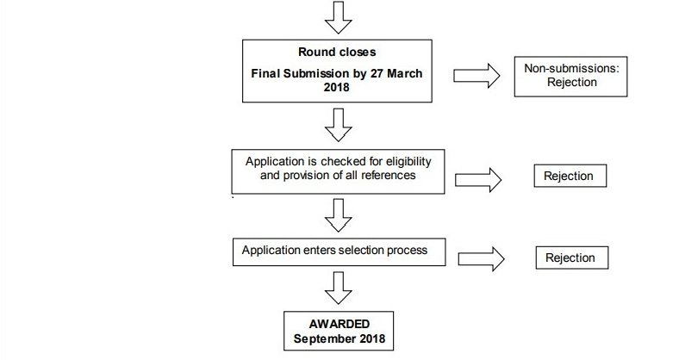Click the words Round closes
point(337,53)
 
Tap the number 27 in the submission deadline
point(377,73)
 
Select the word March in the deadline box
point(404,73)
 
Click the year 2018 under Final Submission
point(336,87)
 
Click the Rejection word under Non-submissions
point(571,82)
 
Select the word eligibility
point(408,162)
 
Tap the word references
point(388,175)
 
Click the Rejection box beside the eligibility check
point(570,176)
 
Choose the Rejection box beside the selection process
point(571,258)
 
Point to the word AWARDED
point(339,324)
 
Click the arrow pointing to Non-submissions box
point(477,76)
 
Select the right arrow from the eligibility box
point(478,180)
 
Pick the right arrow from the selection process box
point(481,259)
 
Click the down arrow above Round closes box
point(338,17)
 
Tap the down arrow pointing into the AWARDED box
point(338,289)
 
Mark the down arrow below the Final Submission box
point(338,125)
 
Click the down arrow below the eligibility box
point(338,215)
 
